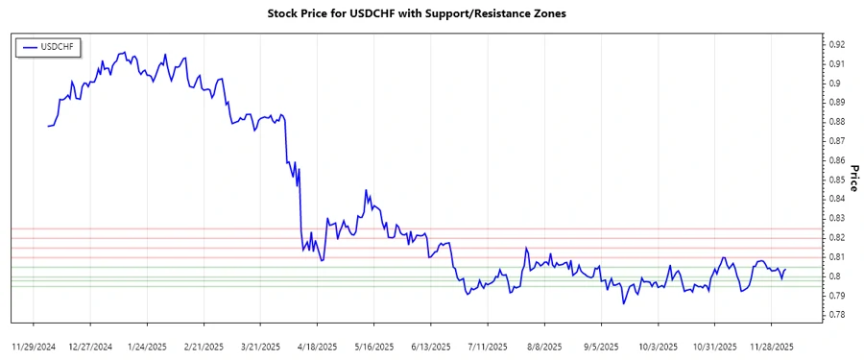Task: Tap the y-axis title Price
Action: [x=852, y=176]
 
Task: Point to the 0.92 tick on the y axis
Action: [x=836, y=44]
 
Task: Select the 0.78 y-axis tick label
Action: [x=836, y=315]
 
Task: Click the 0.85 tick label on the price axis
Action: [x=836, y=180]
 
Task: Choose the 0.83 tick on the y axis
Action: [x=836, y=218]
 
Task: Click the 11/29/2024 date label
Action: [x=34, y=345]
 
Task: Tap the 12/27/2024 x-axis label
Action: [x=90, y=345]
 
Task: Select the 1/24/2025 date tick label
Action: [x=147, y=345]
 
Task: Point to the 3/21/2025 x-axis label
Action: [x=260, y=345]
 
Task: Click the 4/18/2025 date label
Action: [x=317, y=345]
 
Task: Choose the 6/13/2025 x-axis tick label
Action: [x=430, y=345]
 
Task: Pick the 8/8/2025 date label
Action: [x=544, y=345]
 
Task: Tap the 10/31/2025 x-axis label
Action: [x=713, y=345]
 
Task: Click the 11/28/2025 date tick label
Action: [x=770, y=345]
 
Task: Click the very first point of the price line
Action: [x=47, y=126]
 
